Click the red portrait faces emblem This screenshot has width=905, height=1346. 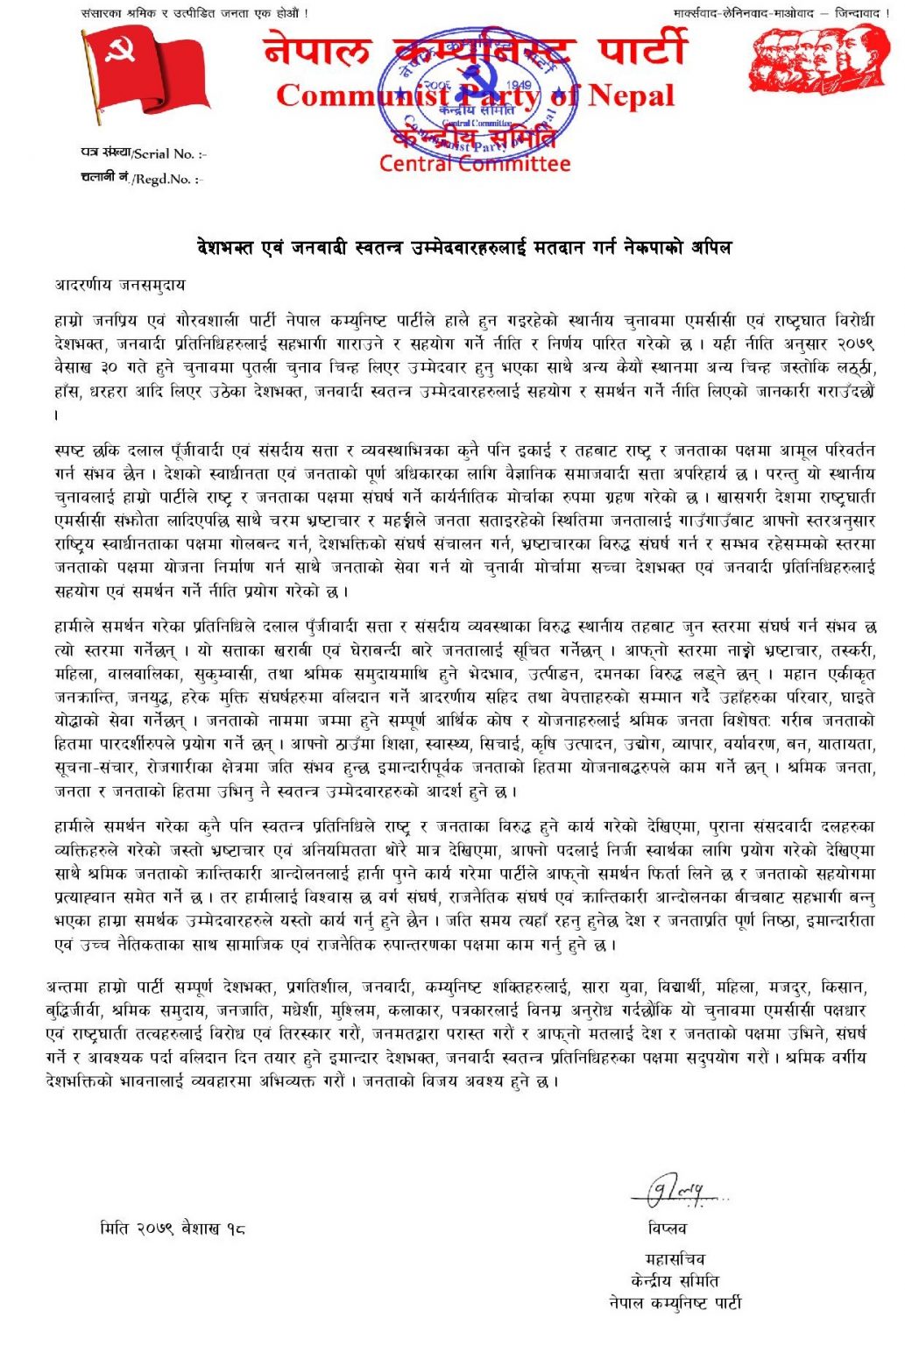coord(818,60)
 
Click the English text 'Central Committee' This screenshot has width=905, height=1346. coord(474,164)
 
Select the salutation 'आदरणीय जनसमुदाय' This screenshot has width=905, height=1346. coord(120,286)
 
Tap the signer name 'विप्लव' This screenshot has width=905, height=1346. coord(668,1229)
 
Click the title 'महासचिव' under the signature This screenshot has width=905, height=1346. coord(674,1259)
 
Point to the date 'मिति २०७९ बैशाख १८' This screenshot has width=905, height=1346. coord(173,1229)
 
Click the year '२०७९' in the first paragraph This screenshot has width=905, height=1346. coord(853,344)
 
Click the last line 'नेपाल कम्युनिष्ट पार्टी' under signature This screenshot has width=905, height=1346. coord(675,1303)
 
